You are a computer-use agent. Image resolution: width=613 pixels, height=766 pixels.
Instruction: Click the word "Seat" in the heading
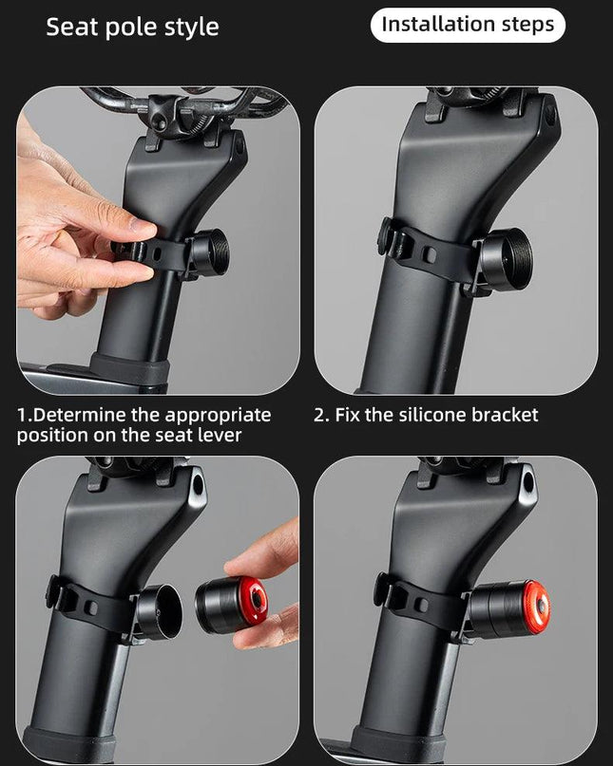tap(72, 27)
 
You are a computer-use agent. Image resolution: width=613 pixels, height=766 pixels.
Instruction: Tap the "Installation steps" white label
tap(468, 25)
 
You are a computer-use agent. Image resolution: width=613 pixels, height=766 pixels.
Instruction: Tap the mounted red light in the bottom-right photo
tap(508, 608)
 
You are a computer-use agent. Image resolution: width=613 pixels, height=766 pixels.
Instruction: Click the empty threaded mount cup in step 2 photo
tap(504, 258)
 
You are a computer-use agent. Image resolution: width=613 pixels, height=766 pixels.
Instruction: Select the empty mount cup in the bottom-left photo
tap(159, 612)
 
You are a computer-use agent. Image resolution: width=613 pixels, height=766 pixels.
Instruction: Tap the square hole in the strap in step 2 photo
tap(430, 254)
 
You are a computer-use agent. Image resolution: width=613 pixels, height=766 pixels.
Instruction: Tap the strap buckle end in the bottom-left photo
tap(55, 592)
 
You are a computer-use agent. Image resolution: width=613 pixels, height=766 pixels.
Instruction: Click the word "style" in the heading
tap(191, 28)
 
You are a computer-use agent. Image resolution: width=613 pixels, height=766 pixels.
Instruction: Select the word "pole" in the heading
tap(131, 28)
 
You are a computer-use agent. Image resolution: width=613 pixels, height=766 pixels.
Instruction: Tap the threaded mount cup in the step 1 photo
tap(209, 255)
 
